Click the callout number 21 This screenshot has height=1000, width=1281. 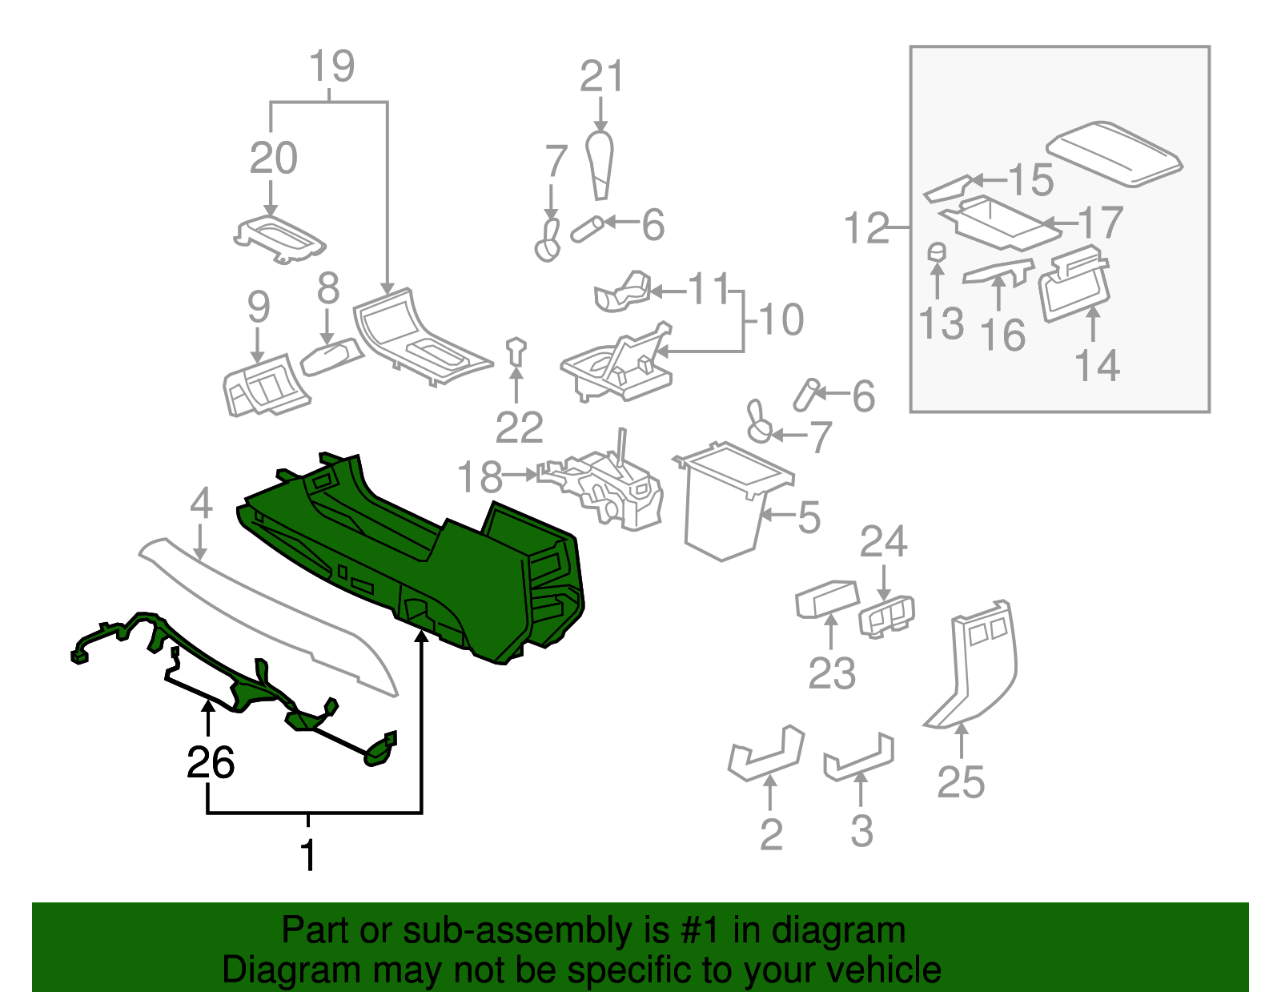(x=600, y=78)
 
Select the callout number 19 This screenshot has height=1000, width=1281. (x=331, y=66)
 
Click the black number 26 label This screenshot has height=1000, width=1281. (x=210, y=762)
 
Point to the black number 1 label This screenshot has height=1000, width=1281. (x=308, y=855)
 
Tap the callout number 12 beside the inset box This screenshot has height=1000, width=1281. (x=866, y=229)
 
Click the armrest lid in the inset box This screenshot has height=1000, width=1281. (x=1114, y=154)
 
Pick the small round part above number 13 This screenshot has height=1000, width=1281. (x=937, y=251)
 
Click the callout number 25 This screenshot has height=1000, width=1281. (x=961, y=782)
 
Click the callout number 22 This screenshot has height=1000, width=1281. (x=519, y=428)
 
